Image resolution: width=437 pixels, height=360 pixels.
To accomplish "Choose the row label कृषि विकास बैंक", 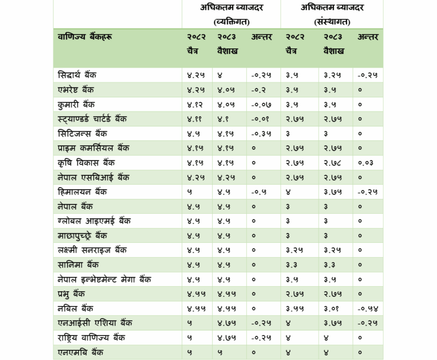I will pyautogui.click(x=86, y=163).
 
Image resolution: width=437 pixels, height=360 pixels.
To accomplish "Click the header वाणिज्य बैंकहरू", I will pyautogui.click(x=85, y=37).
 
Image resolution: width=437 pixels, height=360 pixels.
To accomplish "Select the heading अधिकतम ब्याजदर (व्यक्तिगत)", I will pyautogui.click(x=231, y=14).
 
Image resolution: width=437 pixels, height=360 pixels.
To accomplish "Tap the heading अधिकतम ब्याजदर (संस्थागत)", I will pyautogui.click(x=332, y=14).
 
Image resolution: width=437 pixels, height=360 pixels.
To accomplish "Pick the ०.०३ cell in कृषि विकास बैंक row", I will pyautogui.click(x=366, y=163).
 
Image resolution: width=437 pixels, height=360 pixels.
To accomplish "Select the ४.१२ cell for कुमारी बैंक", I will pyautogui.click(x=195, y=105).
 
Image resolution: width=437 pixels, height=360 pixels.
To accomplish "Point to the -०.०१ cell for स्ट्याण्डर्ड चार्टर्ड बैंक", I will pyautogui.click(x=261, y=119).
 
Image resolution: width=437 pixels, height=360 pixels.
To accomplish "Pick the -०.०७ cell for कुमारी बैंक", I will pyautogui.click(x=261, y=105).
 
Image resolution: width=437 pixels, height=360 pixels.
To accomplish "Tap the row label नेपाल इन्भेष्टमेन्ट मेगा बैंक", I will pyautogui.click(x=104, y=279).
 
